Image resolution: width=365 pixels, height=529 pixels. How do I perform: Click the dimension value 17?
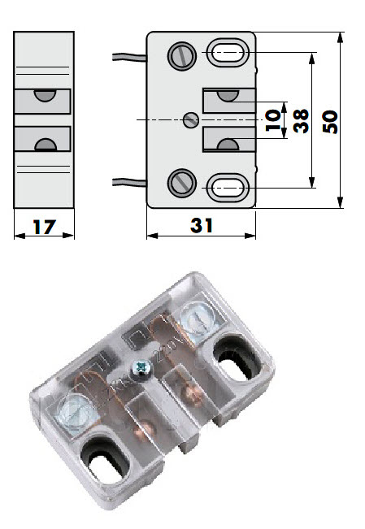pos(44,227)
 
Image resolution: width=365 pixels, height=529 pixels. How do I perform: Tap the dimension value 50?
pos(329,121)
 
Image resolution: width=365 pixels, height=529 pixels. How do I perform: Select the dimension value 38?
pos(301,121)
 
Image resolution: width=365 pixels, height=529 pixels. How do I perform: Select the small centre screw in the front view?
pos(191,120)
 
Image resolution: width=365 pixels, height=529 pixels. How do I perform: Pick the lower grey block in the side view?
pos(43,139)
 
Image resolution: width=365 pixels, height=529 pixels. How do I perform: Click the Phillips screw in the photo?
pos(143,370)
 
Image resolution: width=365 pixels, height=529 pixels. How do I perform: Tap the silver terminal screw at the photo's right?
pos(196,318)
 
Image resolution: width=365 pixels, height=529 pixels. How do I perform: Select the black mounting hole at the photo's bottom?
pos(107,462)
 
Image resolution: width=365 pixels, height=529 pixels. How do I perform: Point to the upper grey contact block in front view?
pos(227,102)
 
